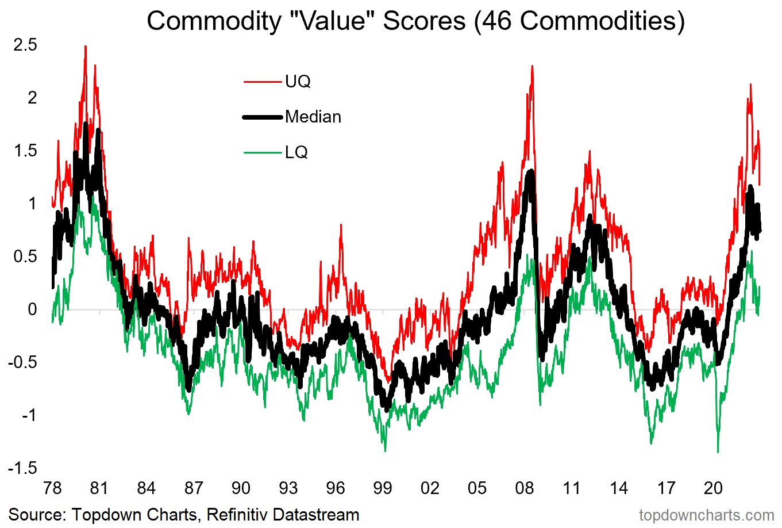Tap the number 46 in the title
(498, 21)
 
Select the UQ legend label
(298, 82)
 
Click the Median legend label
(313, 117)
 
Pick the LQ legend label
(296, 152)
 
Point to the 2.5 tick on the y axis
(25, 45)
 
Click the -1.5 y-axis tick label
(22, 468)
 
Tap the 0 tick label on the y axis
(32, 309)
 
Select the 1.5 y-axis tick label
(25, 151)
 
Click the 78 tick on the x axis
(52, 488)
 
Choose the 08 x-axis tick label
(524, 488)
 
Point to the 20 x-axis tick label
(713, 488)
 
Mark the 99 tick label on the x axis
(383, 488)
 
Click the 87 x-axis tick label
(194, 488)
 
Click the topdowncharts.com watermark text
(706, 515)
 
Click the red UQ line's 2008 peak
(532, 66)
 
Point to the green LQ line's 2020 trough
(718, 452)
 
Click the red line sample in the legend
(263, 82)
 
